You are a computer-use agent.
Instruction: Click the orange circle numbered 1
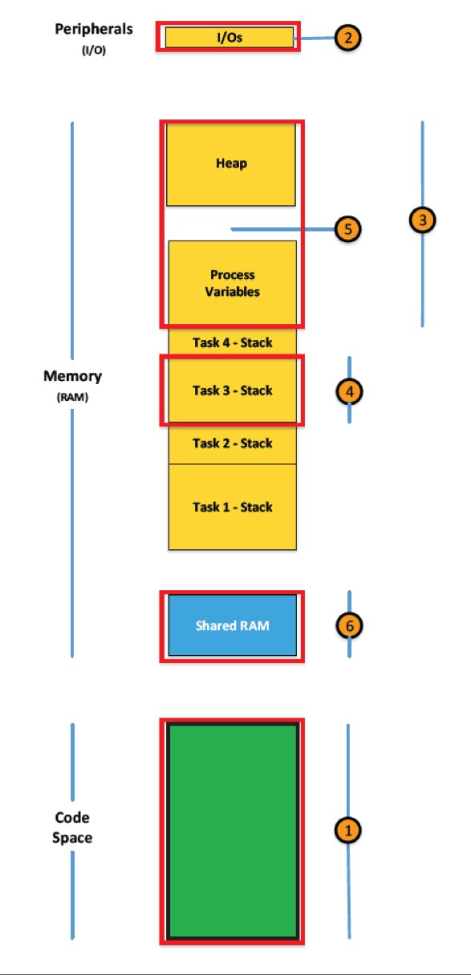(x=347, y=831)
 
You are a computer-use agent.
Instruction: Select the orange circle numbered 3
(x=422, y=219)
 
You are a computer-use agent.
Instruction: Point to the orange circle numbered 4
(x=348, y=391)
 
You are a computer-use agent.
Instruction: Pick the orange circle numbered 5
(x=347, y=229)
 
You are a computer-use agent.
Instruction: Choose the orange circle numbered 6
(x=348, y=625)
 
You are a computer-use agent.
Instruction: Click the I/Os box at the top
(x=229, y=38)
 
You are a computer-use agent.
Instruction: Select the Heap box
(x=231, y=164)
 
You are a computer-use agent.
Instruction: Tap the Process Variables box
(x=233, y=282)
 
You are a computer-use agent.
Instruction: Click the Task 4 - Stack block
(x=233, y=342)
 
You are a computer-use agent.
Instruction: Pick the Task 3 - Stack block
(x=233, y=390)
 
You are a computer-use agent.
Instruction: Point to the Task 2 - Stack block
(x=233, y=443)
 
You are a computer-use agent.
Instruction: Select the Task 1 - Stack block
(x=233, y=507)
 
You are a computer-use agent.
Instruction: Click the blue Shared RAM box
(x=233, y=625)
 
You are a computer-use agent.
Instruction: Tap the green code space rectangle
(x=233, y=831)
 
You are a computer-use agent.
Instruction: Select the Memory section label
(x=72, y=376)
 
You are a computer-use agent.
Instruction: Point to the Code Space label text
(x=72, y=827)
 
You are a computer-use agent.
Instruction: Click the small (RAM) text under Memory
(x=72, y=394)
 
